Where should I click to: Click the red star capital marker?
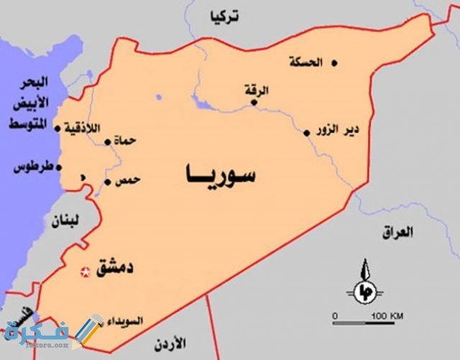coord(86,272)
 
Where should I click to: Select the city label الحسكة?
coord(305,61)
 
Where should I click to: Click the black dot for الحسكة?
coord(333,63)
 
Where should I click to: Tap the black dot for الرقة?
coord(254,102)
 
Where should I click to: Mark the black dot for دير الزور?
coord(307,132)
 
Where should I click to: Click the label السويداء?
coord(126,320)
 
